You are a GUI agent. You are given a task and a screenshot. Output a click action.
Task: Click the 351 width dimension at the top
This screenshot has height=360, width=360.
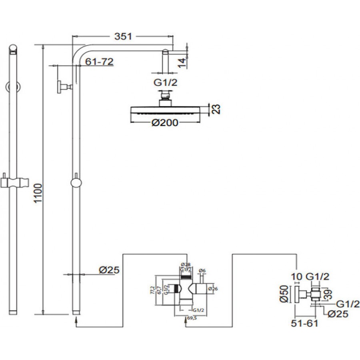click(123, 37)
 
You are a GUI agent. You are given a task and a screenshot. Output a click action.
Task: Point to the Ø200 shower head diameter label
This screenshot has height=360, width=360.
click(165, 123)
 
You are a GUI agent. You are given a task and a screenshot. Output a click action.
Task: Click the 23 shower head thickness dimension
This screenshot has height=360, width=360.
click(216, 109)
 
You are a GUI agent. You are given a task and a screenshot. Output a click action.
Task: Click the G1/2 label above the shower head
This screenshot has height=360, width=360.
click(165, 83)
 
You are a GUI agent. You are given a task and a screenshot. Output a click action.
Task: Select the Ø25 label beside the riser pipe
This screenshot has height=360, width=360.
click(109, 270)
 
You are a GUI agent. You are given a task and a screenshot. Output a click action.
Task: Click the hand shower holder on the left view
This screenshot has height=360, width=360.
click(14, 182)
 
